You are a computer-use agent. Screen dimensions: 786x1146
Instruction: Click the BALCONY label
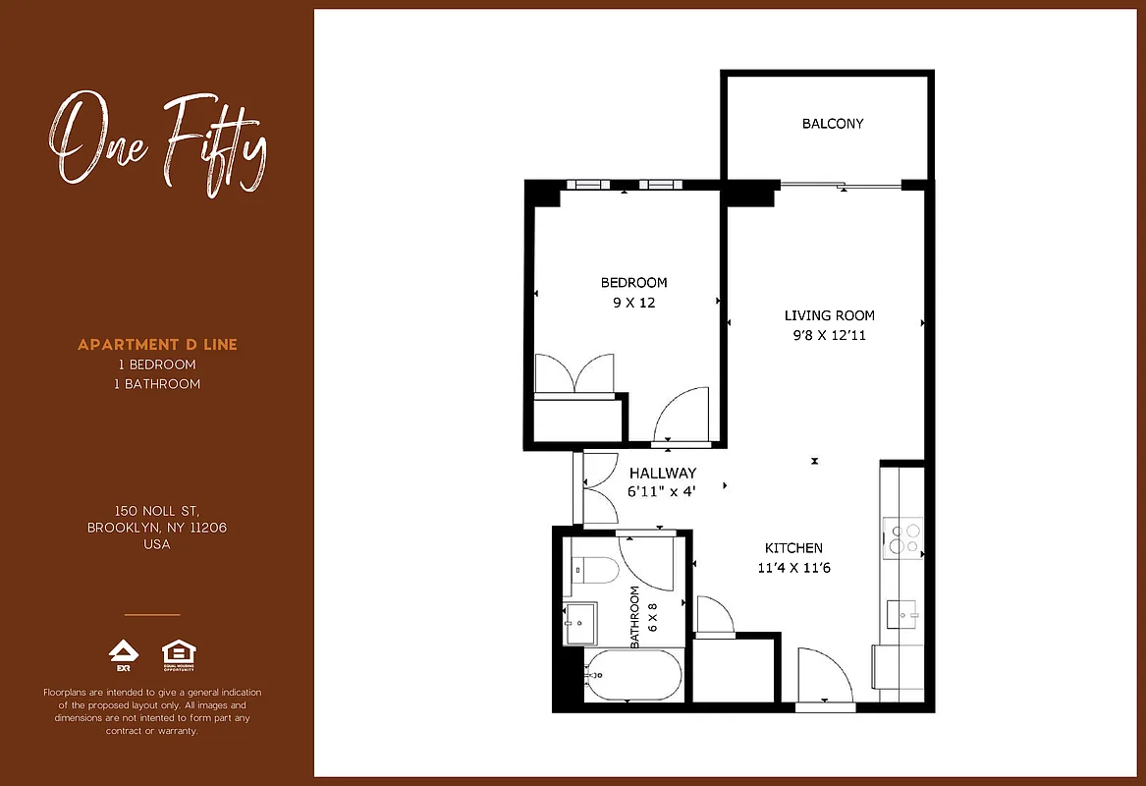pos(833,124)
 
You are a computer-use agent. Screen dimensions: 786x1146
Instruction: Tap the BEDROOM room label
pos(633,283)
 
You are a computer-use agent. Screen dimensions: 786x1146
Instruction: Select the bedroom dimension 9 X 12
pos(633,303)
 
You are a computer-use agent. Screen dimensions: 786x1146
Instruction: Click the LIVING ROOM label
pos(829,315)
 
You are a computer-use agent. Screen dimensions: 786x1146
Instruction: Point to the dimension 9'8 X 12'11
pos(829,335)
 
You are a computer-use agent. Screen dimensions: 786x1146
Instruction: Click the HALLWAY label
pos(663,473)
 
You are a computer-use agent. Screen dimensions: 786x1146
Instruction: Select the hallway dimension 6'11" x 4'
pos(661,491)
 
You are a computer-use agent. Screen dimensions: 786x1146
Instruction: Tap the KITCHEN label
pos(793,548)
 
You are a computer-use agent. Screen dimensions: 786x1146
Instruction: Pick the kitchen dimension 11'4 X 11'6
pos(793,568)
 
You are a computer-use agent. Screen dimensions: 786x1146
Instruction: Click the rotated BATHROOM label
pos(636,616)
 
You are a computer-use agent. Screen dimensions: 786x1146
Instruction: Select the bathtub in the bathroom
pos(632,675)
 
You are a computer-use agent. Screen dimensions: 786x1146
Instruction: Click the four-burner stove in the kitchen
pos(903,537)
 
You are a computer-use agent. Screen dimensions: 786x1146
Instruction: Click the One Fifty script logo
pos(157,141)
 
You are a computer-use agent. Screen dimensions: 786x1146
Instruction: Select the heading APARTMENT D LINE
pos(157,345)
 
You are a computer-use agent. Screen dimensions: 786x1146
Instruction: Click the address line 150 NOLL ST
pos(157,511)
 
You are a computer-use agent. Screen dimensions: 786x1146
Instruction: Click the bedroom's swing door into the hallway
pos(682,415)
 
